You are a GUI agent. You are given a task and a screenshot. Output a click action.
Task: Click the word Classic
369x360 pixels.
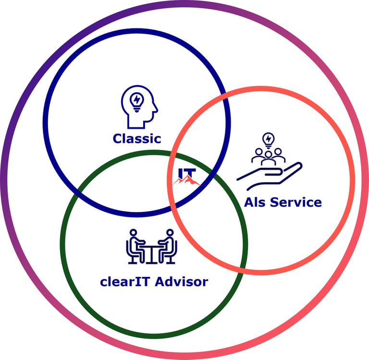[x=137, y=139]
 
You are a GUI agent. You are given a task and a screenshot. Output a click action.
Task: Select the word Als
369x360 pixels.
[x=255, y=202]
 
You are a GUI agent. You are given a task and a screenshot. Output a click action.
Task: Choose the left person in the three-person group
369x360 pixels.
[x=258, y=155]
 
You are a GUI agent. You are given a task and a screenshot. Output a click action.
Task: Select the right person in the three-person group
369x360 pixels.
[x=278, y=155]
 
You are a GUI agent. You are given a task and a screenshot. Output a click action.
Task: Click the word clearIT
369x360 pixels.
[x=126, y=282]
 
